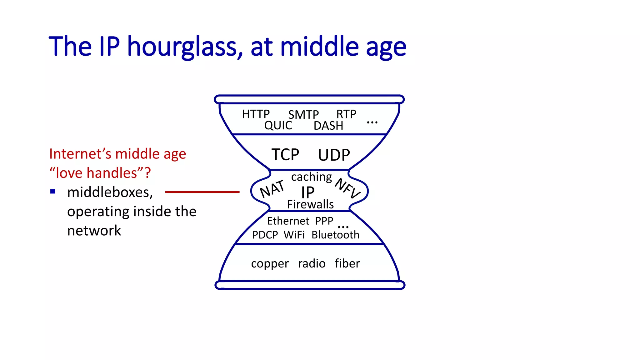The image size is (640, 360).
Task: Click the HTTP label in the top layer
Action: pyautogui.click(x=256, y=114)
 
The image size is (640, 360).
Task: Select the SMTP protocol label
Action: pyautogui.click(x=303, y=115)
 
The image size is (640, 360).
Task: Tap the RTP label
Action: pyautogui.click(x=346, y=114)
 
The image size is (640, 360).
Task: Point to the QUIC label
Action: pyautogui.click(x=278, y=126)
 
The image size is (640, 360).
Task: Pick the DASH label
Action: pyautogui.click(x=328, y=126)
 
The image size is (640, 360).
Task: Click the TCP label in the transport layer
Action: pyautogui.click(x=285, y=155)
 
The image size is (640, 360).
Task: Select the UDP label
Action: pyautogui.click(x=334, y=155)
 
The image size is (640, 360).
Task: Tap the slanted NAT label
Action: pyautogui.click(x=272, y=189)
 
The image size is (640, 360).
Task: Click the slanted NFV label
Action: pyautogui.click(x=347, y=188)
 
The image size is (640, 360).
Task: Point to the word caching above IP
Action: pyautogui.click(x=311, y=177)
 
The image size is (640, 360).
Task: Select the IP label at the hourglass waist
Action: pyautogui.click(x=307, y=192)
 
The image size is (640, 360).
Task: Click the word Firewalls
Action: pyautogui.click(x=310, y=204)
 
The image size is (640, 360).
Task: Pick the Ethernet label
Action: pyautogui.click(x=288, y=221)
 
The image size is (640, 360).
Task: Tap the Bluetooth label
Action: pyautogui.click(x=335, y=235)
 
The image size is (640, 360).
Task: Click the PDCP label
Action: pyautogui.click(x=265, y=235)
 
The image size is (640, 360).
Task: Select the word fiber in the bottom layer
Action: pyautogui.click(x=347, y=263)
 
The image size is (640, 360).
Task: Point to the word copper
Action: pyautogui.click(x=270, y=264)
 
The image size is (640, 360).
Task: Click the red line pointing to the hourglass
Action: pyautogui.click(x=202, y=192)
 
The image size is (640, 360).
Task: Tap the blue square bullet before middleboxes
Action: pyautogui.click(x=53, y=191)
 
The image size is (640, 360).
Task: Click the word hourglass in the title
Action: pyautogui.click(x=185, y=47)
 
